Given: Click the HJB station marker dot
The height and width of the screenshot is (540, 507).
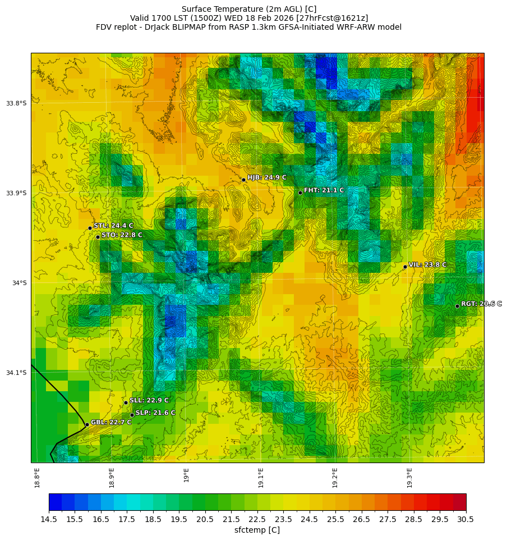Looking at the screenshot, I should pos(243,180).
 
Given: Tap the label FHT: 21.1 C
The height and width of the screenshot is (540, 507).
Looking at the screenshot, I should pos(324,190).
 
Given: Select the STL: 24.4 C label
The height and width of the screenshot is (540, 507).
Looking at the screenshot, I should pos(113,226).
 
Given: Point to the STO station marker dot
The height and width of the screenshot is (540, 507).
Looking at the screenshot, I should pos(98,237).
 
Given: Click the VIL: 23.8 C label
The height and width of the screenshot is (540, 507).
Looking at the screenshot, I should pos(427,264).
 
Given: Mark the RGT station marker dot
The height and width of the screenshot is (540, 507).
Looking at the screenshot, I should pos(457,306).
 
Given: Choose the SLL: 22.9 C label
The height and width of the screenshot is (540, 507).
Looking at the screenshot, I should pos(149,400).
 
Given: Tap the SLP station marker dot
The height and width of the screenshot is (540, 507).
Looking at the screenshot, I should pos(132,415).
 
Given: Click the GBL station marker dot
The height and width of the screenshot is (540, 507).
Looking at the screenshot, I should pos(87,424).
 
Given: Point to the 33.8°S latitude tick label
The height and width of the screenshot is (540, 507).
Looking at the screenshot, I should pos(16,103).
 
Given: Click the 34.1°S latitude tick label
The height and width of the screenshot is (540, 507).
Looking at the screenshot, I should pos(16,373).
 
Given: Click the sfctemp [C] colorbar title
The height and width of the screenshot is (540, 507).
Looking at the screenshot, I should pos(257,530).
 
